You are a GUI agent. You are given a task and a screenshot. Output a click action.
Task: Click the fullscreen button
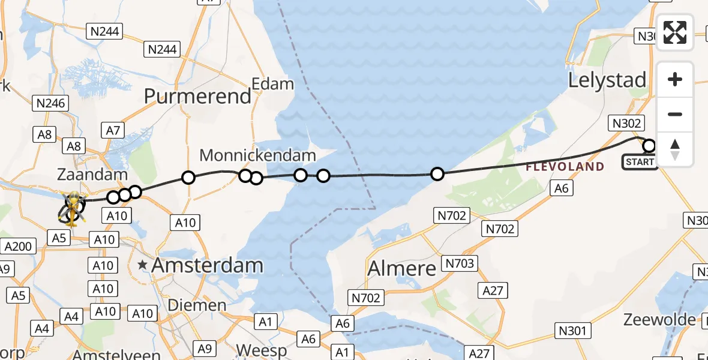[x=675, y=32]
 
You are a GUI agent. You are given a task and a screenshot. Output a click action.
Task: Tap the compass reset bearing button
[x=675, y=149]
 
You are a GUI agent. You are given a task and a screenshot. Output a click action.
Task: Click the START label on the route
[x=640, y=162]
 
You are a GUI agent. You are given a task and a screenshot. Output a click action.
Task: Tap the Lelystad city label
[x=607, y=80]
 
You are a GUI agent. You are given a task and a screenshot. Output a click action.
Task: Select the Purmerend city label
[x=197, y=97]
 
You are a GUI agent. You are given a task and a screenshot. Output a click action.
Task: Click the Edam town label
[x=273, y=84]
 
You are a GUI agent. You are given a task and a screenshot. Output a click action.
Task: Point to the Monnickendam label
[x=257, y=156]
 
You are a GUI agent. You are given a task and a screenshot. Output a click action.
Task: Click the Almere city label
[x=402, y=268]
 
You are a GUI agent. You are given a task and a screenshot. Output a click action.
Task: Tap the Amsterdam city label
[x=207, y=265]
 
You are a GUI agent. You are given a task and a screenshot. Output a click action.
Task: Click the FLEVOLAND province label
[x=565, y=167]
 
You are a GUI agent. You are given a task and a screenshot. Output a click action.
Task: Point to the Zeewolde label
[x=660, y=319]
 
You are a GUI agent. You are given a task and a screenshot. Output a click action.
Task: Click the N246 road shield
[x=50, y=104]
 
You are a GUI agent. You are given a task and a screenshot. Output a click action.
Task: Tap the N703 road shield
[x=459, y=263]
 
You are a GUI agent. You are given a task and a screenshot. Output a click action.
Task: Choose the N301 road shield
[x=574, y=330]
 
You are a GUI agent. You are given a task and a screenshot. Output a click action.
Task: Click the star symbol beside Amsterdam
[x=143, y=265]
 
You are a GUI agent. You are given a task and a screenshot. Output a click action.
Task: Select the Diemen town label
[x=196, y=305]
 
